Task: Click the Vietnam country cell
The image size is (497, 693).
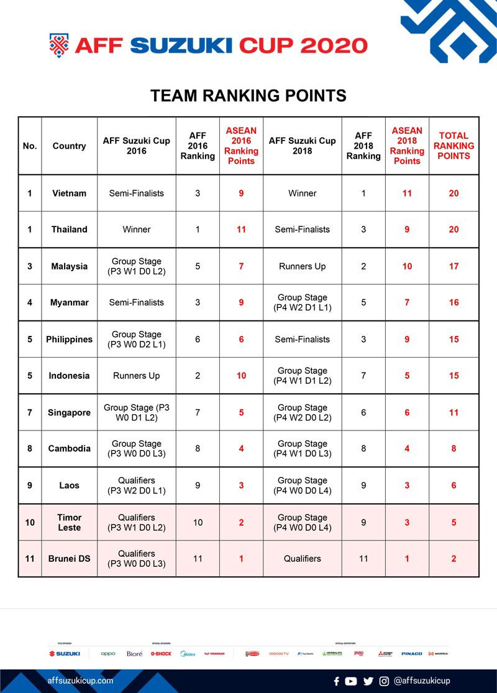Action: click(69, 193)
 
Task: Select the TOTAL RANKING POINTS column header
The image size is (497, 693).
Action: click(454, 146)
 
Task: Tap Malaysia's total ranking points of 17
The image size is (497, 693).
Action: click(454, 266)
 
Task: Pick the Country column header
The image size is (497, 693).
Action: click(69, 146)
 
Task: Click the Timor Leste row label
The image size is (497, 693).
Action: click(69, 523)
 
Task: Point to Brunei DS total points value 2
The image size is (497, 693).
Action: click(454, 559)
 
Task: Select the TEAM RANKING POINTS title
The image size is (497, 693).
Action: click(248, 96)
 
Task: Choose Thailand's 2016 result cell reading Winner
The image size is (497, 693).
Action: click(136, 230)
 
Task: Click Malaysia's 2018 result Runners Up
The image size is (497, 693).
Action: click(303, 266)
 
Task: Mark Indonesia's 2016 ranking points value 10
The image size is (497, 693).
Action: click(241, 376)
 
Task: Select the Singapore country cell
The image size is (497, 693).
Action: click(69, 412)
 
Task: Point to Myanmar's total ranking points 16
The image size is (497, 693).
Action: click(454, 302)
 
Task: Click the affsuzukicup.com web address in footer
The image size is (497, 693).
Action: click(81, 681)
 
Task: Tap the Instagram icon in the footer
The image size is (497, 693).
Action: click(384, 681)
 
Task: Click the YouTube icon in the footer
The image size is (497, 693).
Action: click(351, 681)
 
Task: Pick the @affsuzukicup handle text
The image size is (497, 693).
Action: click(422, 681)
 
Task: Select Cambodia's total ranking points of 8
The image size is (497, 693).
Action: click(454, 449)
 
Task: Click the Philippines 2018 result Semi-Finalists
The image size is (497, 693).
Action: click(303, 340)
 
